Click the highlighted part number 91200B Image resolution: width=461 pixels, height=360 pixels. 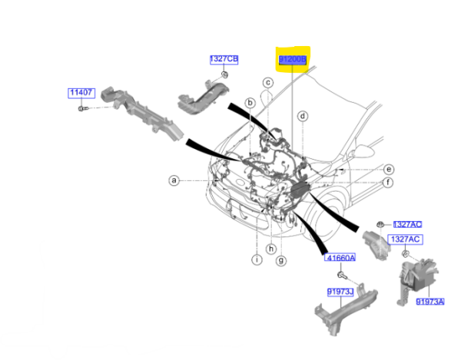coord(292,59)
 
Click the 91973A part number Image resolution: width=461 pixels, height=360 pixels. coord(430,302)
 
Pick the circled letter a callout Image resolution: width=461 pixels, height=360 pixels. coord(174,181)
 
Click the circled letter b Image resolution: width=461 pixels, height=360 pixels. coord(250,103)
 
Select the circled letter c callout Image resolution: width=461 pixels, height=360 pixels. coord(268,83)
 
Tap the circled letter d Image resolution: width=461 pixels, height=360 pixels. coord(303,117)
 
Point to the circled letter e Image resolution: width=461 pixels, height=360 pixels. coord(389,169)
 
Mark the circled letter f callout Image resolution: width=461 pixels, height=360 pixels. coord(389,182)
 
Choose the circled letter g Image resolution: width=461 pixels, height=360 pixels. coord(281,261)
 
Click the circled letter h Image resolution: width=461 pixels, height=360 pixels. coord(270,249)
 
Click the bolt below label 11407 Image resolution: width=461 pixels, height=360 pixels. coord(82,110)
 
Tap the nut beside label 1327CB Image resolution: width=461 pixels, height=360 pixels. coord(224,74)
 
